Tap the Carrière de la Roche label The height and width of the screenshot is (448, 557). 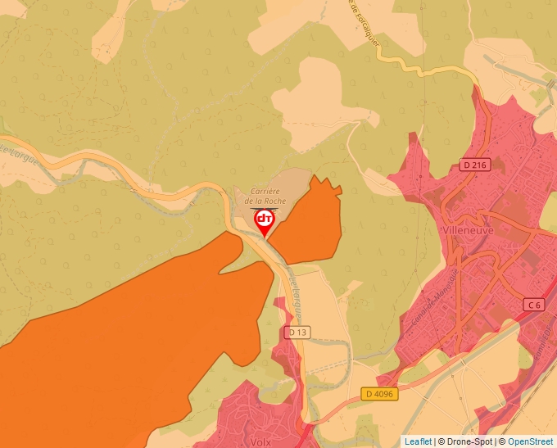coord(264,195)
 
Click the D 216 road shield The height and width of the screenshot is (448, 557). coord(474,164)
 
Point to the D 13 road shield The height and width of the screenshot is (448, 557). coord(297,333)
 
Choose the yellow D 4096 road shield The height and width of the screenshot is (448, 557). coord(379,394)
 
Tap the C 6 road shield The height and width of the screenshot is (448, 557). coord(534,305)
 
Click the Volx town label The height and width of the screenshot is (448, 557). coord(261,441)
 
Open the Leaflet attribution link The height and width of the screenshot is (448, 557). coord(418,441)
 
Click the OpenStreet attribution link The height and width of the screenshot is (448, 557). coord(532,441)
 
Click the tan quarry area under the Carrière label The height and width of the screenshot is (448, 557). coord(287,182)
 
